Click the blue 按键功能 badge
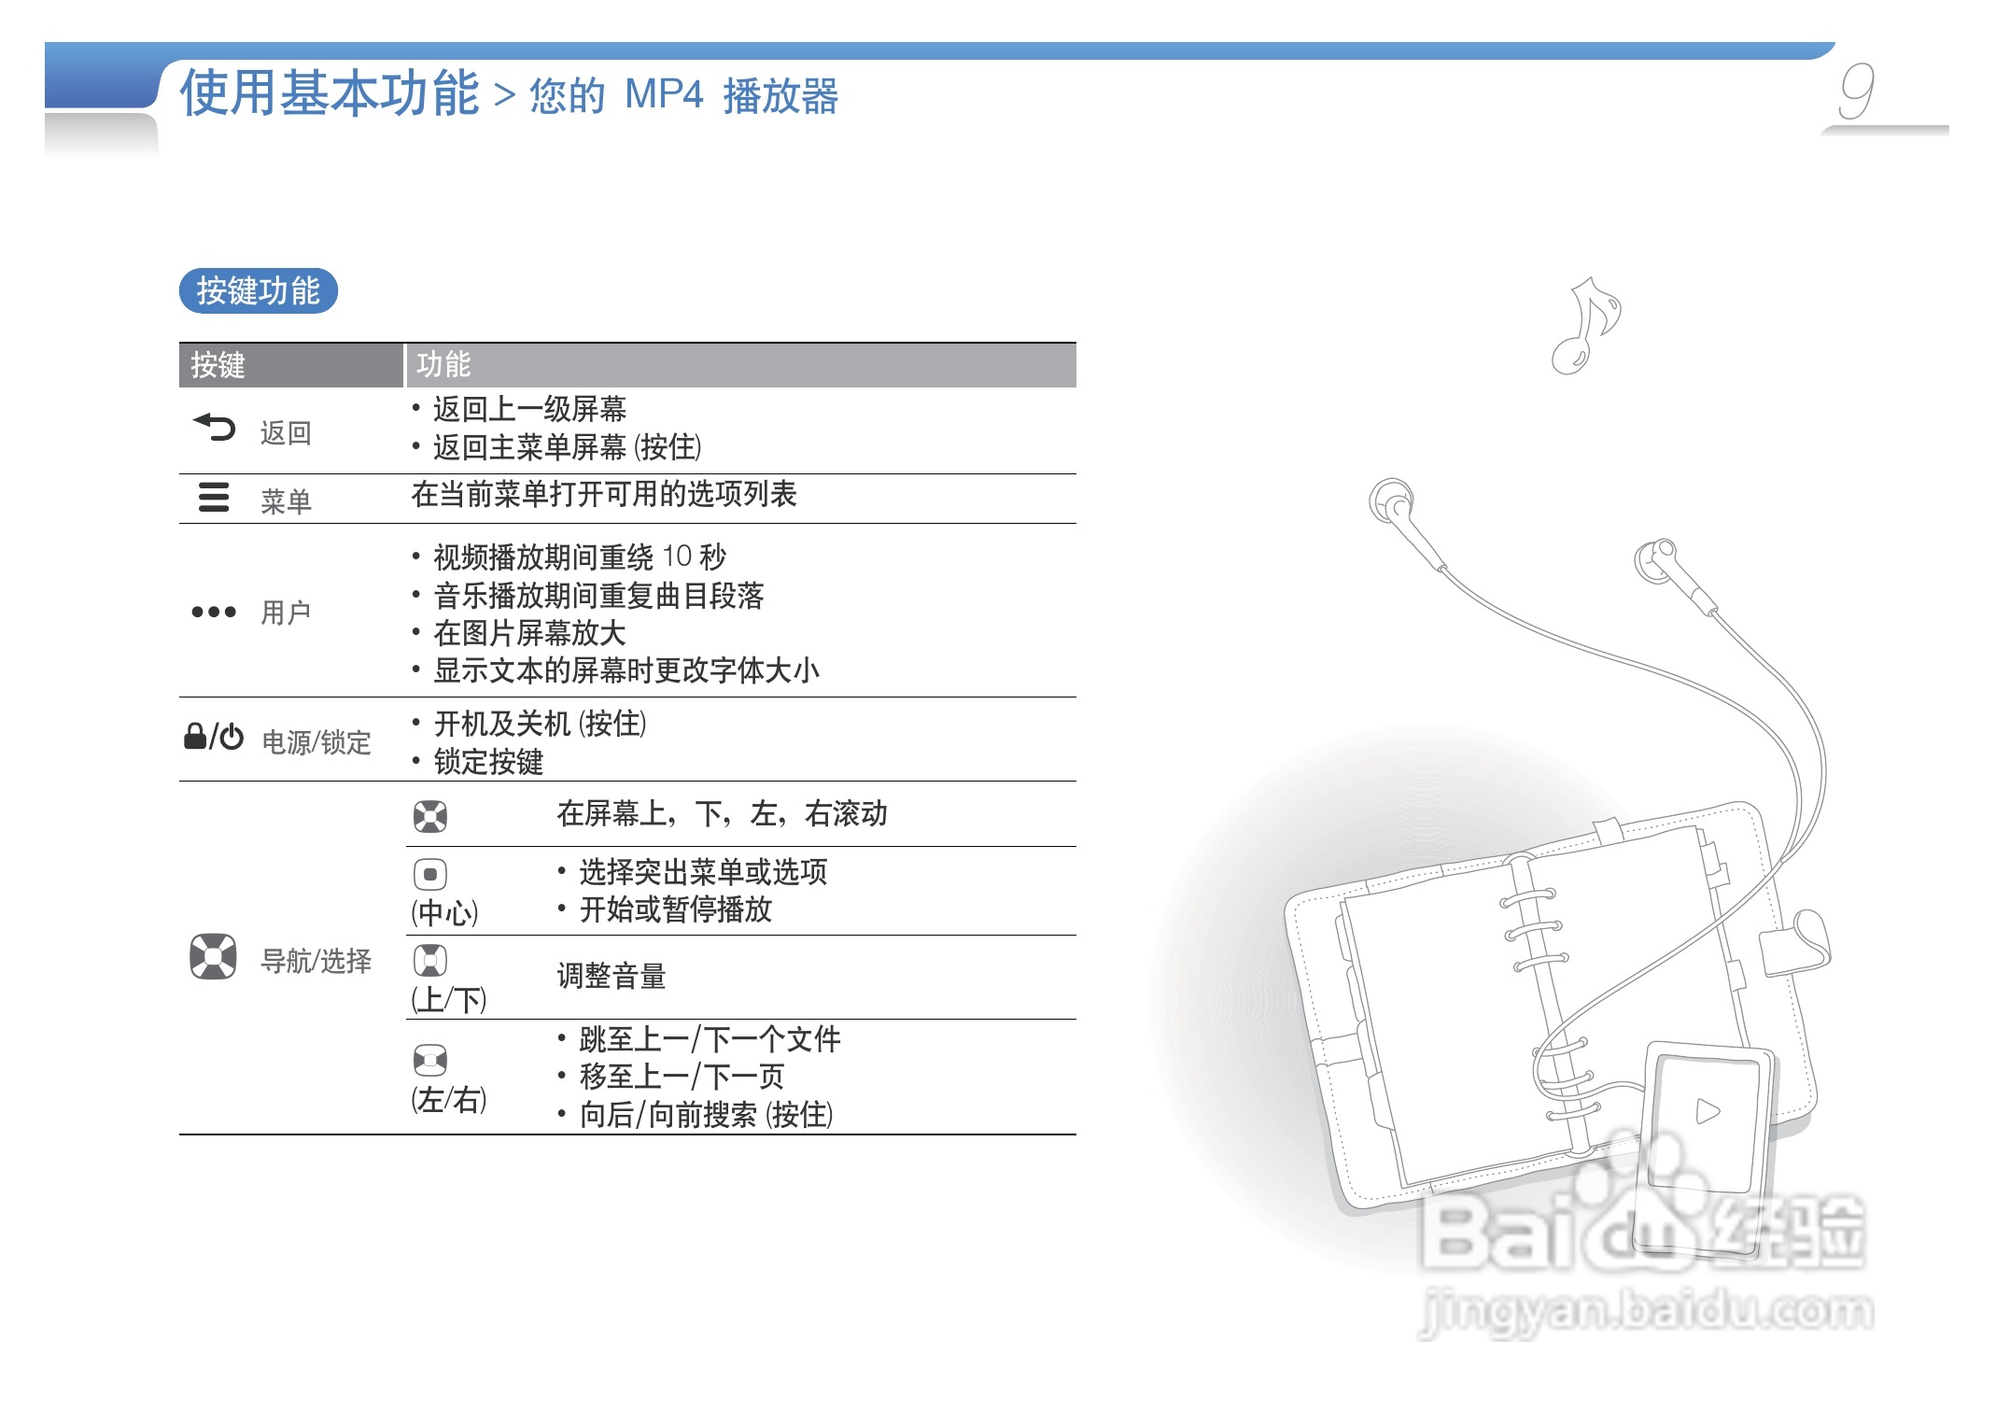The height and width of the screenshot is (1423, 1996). point(258,290)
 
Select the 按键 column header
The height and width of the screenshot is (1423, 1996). point(218,365)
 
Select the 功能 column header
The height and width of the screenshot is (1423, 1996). point(443,364)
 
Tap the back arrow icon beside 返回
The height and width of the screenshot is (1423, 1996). point(215,428)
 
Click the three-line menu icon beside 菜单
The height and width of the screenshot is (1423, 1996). point(214,497)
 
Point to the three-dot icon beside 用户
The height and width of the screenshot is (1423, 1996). point(214,613)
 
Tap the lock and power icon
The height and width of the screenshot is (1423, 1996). point(214,738)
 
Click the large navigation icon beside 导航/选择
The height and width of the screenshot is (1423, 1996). point(213,956)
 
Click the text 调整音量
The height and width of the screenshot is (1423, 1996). point(611,977)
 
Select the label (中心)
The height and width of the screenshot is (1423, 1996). point(444,912)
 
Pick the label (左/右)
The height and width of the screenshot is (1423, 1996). point(449,1100)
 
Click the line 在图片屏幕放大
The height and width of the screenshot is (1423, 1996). point(529,634)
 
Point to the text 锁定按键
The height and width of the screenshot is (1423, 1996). point(488,762)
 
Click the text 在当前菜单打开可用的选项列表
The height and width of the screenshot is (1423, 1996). point(604,495)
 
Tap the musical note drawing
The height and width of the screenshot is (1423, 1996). point(1588,325)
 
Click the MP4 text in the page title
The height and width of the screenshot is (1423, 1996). point(664,95)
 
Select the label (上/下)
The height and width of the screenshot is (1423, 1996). point(448,1000)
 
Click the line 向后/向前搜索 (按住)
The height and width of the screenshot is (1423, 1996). point(706,1115)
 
